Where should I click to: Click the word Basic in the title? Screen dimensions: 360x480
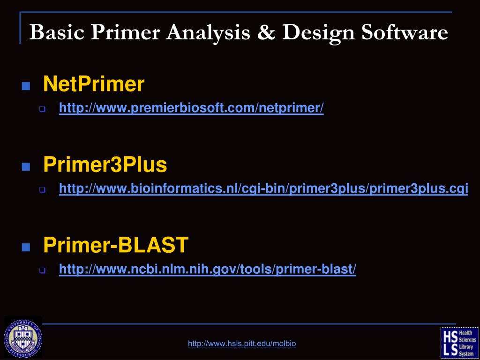(x=57, y=32)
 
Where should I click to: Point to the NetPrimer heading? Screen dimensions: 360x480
(x=94, y=84)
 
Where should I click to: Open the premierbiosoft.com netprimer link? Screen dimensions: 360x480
(x=191, y=108)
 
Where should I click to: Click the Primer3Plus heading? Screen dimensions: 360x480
(x=105, y=165)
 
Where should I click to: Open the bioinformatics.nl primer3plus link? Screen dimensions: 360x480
(x=263, y=188)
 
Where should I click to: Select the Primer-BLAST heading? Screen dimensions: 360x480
(x=116, y=245)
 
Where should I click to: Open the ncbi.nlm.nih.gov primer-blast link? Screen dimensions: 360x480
(x=208, y=269)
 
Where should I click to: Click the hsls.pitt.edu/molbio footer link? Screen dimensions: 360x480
(x=242, y=344)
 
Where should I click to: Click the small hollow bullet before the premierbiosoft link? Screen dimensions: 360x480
(x=42, y=110)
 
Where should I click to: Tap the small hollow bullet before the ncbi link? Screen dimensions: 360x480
(x=42, y=270)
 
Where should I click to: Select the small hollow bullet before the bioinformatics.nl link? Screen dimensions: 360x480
(x=42, y=190)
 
